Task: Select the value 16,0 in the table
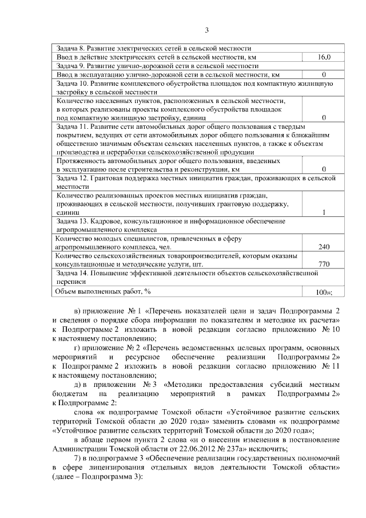coord(324,57)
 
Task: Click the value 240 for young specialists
coord(324,247)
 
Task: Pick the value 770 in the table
coord(324,264)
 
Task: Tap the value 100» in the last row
coord(324,292)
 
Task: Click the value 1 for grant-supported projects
coord(324,212)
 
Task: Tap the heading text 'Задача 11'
coord(73,126)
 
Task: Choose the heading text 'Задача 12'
coord(73,179)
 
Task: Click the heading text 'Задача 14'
coord(73,274)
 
